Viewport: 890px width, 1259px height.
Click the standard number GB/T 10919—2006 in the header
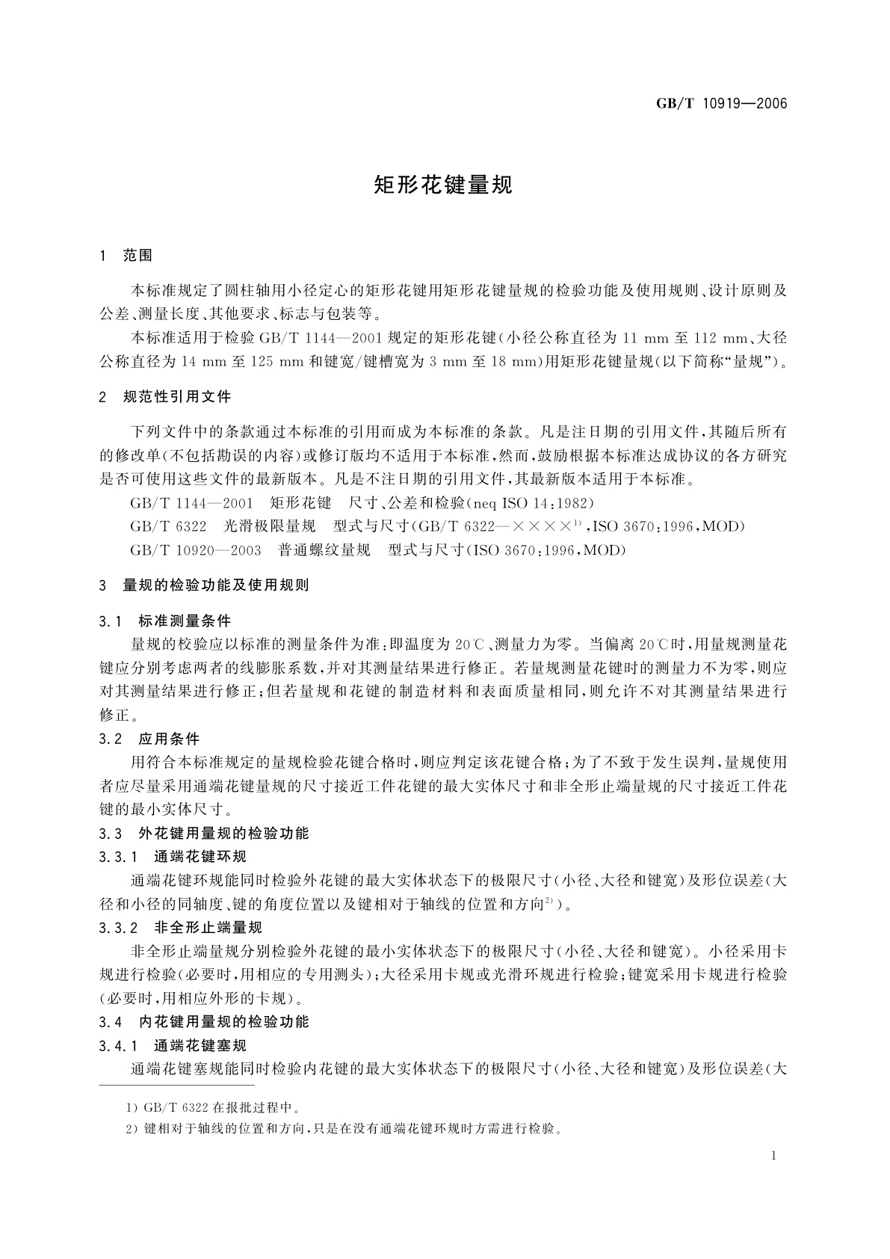(x=722, y=103)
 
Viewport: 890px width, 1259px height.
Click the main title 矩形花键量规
(x=443, y=185)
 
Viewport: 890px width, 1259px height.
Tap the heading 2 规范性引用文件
(x=165, y=397)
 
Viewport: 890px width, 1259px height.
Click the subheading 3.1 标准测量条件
(x=165, y=621)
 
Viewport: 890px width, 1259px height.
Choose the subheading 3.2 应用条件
(x=149, y=739)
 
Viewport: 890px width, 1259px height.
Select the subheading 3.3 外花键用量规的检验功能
(x=204, y=833)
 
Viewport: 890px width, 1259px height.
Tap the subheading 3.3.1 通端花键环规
(x=173, y=857)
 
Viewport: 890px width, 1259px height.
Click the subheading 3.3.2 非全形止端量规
(x=180, y=928)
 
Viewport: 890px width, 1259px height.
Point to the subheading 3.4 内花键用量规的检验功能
(x=204, y=1021)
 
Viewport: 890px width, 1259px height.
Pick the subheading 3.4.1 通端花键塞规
(x=173, y=1045)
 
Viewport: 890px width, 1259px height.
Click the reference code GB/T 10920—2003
(x=196, y=551)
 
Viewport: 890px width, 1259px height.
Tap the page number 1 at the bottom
(x=773, y=1156)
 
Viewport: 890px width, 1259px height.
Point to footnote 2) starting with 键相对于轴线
(x=344, y=1128)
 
